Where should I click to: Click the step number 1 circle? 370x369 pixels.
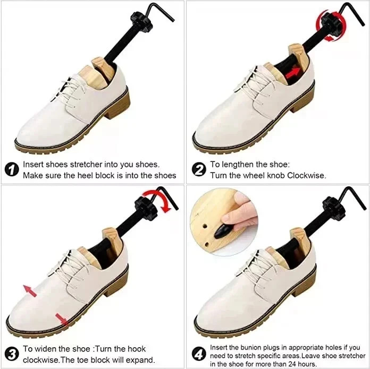[12, 169]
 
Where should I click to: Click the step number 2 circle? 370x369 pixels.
[199, 169]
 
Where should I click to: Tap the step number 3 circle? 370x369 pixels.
[12, 354]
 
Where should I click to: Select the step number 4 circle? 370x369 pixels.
[199, 354]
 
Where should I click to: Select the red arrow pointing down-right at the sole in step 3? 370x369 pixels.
[62, 319]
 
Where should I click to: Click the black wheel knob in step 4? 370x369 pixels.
[334, 204]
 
